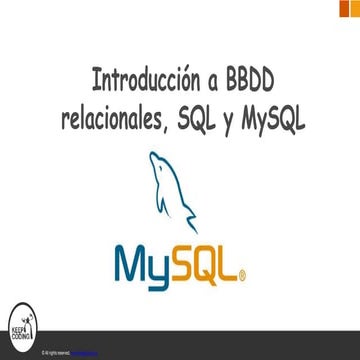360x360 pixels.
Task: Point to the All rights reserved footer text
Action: [57, 354]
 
